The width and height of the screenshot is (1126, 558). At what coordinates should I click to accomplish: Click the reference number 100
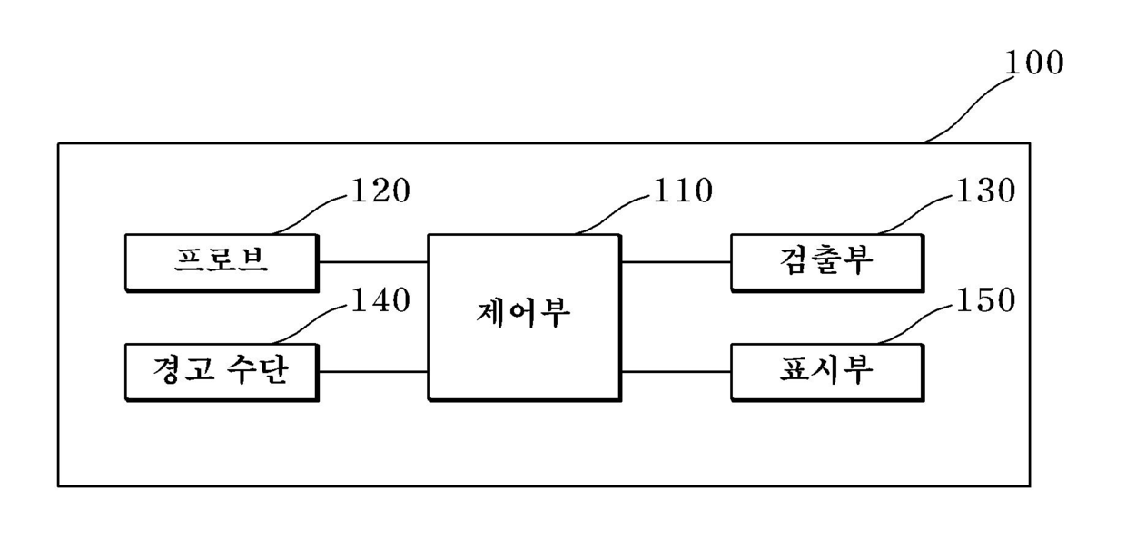pyautogui.click(x=1034, y=63)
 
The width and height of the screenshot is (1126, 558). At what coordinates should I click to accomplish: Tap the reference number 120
pyautogui.click(x=380, y=191)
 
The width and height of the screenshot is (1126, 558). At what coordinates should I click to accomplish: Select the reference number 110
pyautogui.click(x=683, y=191)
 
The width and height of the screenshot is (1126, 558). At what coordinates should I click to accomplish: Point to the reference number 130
pyautogui.click(x=985, y=191)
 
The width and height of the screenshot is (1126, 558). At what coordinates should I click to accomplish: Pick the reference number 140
pyautogui.click(x=380, y=301)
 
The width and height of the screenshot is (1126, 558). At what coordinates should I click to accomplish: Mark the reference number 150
pyautogui.click(x=985, y=301)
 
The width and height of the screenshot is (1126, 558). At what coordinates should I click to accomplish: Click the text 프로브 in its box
pyautogui.click(x=222, y=261)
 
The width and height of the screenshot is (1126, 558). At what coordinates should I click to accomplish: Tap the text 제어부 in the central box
pyautogui.click(x=523, y=312)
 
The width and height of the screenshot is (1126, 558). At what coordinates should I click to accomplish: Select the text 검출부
pyautogui.click(x=826, y=259)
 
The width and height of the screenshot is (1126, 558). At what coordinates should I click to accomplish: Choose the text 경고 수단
pyautogui.click(x=222, y=370)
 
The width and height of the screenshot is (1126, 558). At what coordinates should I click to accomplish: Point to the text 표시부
pyautogui.click(x=826, y=370)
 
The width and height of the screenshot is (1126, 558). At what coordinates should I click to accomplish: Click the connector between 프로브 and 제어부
pyautogui.click(x=373, y=262)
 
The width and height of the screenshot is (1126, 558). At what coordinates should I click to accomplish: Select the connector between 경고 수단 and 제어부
pyautogui.click(x=373, y=372)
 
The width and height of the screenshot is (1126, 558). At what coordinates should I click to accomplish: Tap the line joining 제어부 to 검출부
pyautogui.click(x=677, y=262)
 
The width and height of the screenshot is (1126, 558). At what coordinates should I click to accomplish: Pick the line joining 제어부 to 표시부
pyautogui.click(x=677, y=372)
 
